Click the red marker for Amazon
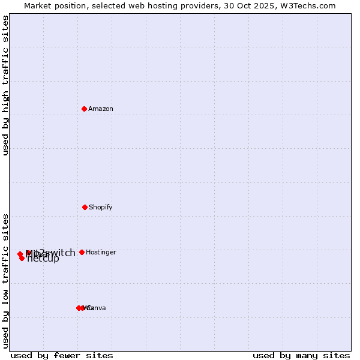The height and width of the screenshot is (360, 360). [x=85, y=109]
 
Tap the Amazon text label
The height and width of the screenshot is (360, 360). [x=101, y=109]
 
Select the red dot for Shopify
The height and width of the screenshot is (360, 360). [x=85, y=207]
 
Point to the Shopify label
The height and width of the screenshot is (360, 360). [x=101, y=207]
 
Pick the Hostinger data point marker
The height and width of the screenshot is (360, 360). [x=82, y=252]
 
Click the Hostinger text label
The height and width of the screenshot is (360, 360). [x=101, y=252]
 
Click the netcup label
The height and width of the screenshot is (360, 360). [x=43, y=259]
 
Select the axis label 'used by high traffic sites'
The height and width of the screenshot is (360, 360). [x=6, y=85]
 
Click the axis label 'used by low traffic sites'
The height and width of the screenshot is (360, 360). [x=6, y=280]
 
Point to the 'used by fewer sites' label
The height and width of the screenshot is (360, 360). [x=62, y=355]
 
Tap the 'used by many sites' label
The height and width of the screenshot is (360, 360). [x=301, y=355]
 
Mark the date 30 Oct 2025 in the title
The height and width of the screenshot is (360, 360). [x=248, y=5]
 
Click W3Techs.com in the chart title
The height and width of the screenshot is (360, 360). [x=307, y=5]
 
